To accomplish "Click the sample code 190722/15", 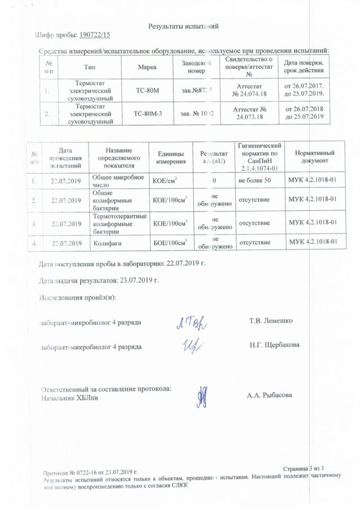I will [x=96, y=36].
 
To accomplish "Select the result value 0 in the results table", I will [x=214, y=180].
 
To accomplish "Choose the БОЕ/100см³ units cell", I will [x=170, y=243].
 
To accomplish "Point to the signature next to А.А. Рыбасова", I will [x=203, y=394].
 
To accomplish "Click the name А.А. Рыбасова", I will [x=270, y=395].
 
